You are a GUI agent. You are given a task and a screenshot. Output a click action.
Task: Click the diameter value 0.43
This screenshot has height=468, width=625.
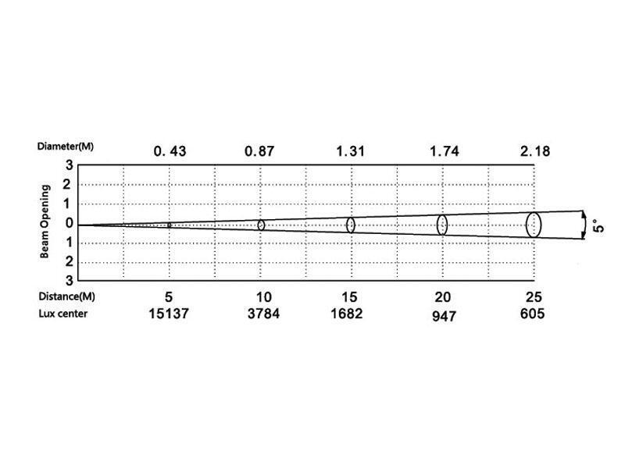tap(170, 151)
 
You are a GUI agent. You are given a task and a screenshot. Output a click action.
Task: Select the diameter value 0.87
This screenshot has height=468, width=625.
tap(259, 151)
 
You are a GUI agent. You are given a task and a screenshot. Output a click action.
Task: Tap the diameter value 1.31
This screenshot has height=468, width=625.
tap(350, 151)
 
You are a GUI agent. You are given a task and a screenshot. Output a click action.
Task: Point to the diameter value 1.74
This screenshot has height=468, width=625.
tap(445, 151)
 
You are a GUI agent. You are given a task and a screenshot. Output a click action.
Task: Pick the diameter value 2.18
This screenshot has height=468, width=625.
tap(535, 151)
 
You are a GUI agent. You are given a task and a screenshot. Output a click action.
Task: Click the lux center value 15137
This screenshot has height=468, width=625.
tap(169, 314)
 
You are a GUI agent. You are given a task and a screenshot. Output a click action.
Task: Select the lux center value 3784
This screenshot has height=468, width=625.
tap(263, 314)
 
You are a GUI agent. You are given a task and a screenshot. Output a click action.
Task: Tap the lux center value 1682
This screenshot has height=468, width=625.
tap(347, 314)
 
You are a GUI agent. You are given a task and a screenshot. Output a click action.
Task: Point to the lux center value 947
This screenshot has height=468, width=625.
tap(444, 317)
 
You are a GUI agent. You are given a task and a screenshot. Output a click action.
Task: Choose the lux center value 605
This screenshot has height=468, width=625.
tap(532, 314)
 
